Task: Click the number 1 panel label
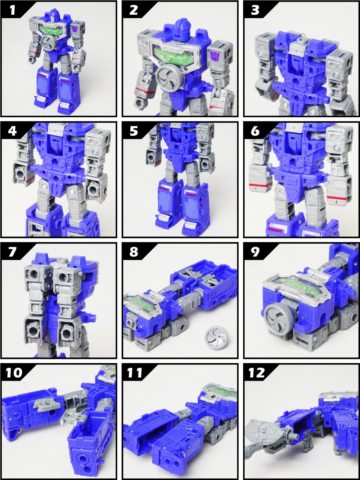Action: click(x=12, y=10)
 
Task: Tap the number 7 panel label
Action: click(x=12, y=252)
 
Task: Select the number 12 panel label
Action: click(x=257, y=373)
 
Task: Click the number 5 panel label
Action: click(x=134, y=131)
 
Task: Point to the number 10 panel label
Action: click(x=14, y=373)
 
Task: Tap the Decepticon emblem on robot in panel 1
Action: click(x=75, y=29)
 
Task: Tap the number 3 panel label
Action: click(x=255, y=10)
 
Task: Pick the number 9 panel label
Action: click(x=255, y=252)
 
